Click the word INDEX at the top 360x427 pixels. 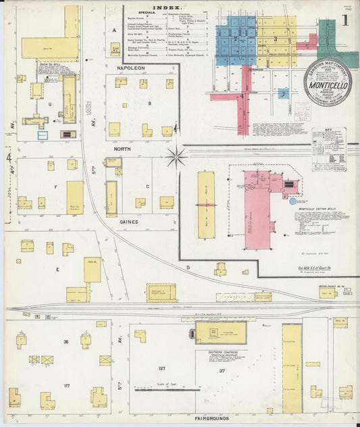point(162,7)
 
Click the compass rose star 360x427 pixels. point(177,157)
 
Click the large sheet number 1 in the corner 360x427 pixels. point(345,20)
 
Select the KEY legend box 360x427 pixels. point(328,144)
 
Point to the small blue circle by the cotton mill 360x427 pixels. point(292,201)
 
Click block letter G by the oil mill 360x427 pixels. point(49,104)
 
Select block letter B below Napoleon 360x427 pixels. point(149,103)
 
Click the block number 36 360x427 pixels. point(66,342)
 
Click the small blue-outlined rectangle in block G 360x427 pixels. point(43,135)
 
